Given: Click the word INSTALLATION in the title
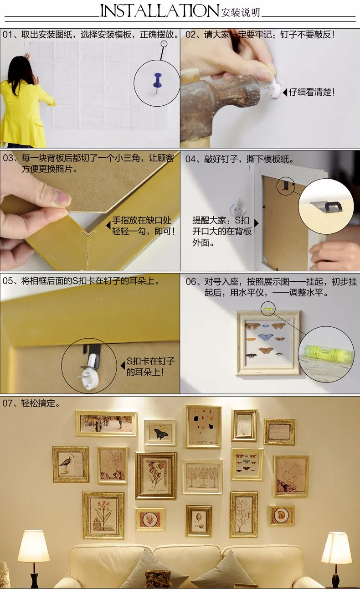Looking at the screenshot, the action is point(159,10).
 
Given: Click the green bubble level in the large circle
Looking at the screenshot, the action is point(326,352).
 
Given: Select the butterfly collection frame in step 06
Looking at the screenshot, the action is point(268,343).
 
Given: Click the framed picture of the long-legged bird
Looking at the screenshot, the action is point(71,465).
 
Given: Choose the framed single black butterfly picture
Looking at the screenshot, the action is point(159,433).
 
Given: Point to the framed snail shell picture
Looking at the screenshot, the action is point(282,516).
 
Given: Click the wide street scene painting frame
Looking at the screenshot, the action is point(106,424).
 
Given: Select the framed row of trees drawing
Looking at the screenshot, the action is point(203,477).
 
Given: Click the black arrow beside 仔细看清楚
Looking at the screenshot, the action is point(285,92).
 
